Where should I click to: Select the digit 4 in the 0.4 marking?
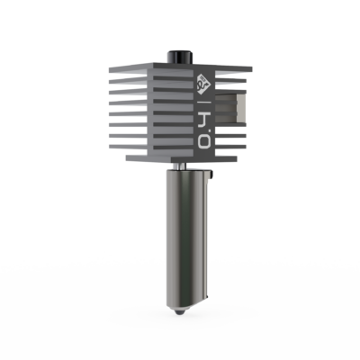202,114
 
